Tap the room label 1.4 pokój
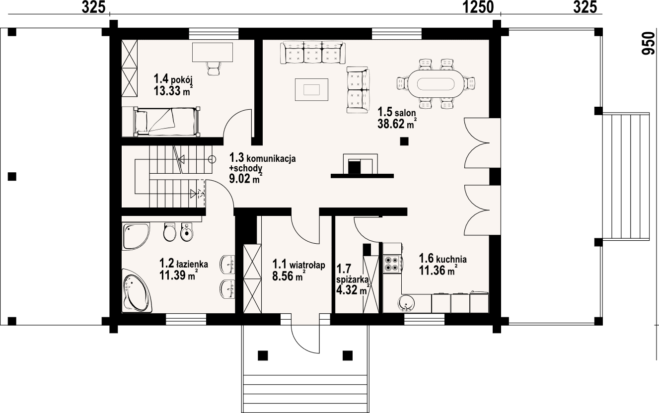point(172,79)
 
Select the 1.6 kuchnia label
point(442,259)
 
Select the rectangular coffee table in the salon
point(311,89)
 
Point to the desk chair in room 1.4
point(214,68)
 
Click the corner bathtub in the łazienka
point(136,293)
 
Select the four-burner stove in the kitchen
point(391,264)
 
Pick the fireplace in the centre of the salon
point(361,166)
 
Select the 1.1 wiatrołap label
point(298,266)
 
